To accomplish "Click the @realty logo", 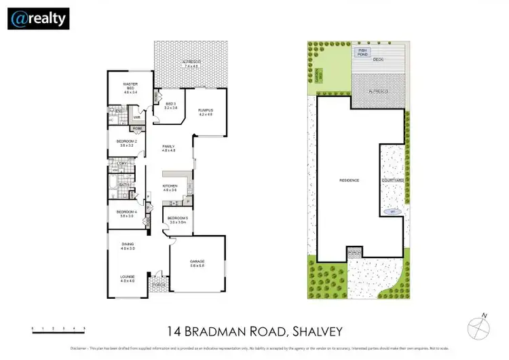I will coord(39,18).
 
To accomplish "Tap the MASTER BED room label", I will coord(130,86).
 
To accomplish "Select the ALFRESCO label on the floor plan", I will coord(190,63).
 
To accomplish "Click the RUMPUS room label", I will coord(206,111).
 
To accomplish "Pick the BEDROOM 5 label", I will coord(178,219).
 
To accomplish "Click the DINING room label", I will coord(128,245).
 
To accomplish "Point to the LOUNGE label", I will coord(128,277).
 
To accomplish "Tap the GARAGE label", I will coord(198,262).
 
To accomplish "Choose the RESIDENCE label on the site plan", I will coord(349,180).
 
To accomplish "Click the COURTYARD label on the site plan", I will coord(393,181).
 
